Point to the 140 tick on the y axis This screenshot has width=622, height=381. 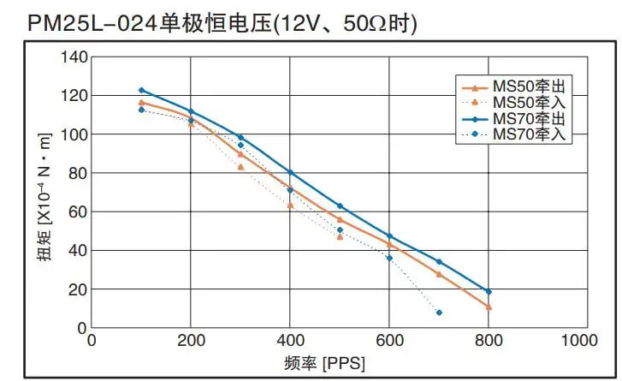74,57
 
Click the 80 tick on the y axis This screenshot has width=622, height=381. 78,174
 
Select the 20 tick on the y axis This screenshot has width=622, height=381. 78,289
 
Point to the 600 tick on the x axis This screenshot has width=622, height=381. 389,341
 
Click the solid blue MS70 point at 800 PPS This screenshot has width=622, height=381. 489,292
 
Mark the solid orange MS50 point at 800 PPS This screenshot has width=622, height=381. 489,307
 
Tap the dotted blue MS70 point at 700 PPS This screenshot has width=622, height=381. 439,313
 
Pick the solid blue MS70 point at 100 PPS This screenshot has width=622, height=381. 141,90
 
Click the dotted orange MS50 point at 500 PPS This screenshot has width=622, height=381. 340,236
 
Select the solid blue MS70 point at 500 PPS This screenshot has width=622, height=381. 340,205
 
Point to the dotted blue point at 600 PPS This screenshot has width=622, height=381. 389,258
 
